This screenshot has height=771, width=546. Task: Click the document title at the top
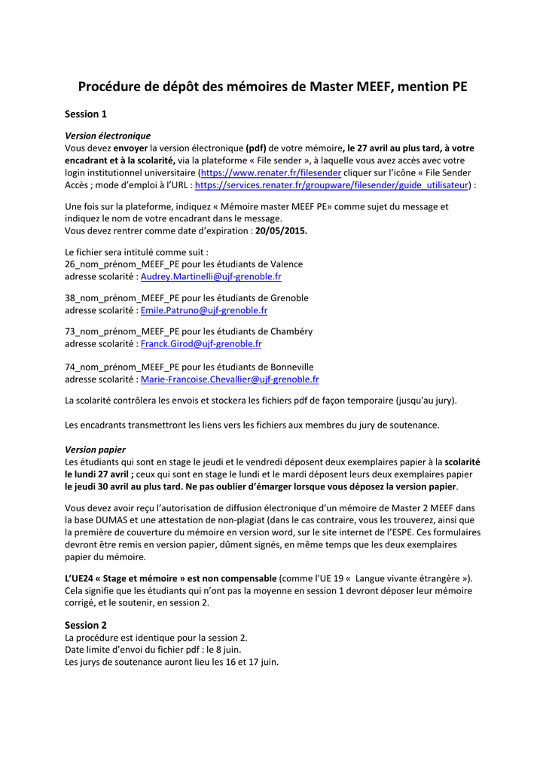pos(273,87)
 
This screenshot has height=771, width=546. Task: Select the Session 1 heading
pos(86,114)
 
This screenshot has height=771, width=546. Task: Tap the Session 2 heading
pos(86,625)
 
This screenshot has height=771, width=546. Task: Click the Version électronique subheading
pos(108,136)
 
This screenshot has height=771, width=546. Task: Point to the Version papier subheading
pos(95,449)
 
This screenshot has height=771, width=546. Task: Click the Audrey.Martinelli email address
pos(211,276)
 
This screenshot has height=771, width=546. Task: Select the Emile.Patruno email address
pos(204,310)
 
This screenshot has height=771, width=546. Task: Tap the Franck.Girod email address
pos(201,343)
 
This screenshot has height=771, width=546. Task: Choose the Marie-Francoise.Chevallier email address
pos(230,379)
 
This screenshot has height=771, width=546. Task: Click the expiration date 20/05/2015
pos(281,230)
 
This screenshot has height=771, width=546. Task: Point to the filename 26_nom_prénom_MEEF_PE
pos(122,264)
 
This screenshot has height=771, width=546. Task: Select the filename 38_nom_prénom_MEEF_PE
pos(122,298)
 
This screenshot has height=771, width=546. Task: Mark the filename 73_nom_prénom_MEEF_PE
pos(122,331)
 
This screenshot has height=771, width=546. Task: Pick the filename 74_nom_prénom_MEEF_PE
pos(122,367)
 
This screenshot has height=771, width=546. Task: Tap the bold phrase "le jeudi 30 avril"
pos(99,486)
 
